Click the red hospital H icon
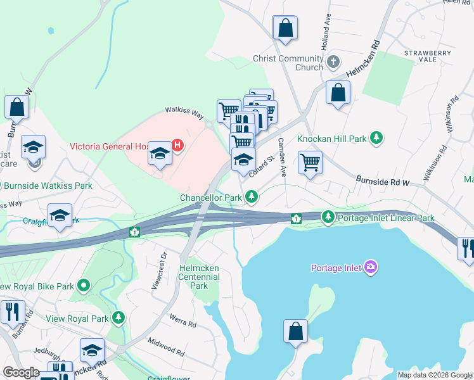178,146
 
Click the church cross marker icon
333,63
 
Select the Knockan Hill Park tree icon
376,137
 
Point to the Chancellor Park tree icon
252,197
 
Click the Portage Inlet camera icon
371,267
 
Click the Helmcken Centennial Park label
199,277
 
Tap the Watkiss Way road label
184,112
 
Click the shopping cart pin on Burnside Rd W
310,163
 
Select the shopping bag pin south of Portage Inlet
295,331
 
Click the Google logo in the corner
21,372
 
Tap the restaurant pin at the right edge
466,247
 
